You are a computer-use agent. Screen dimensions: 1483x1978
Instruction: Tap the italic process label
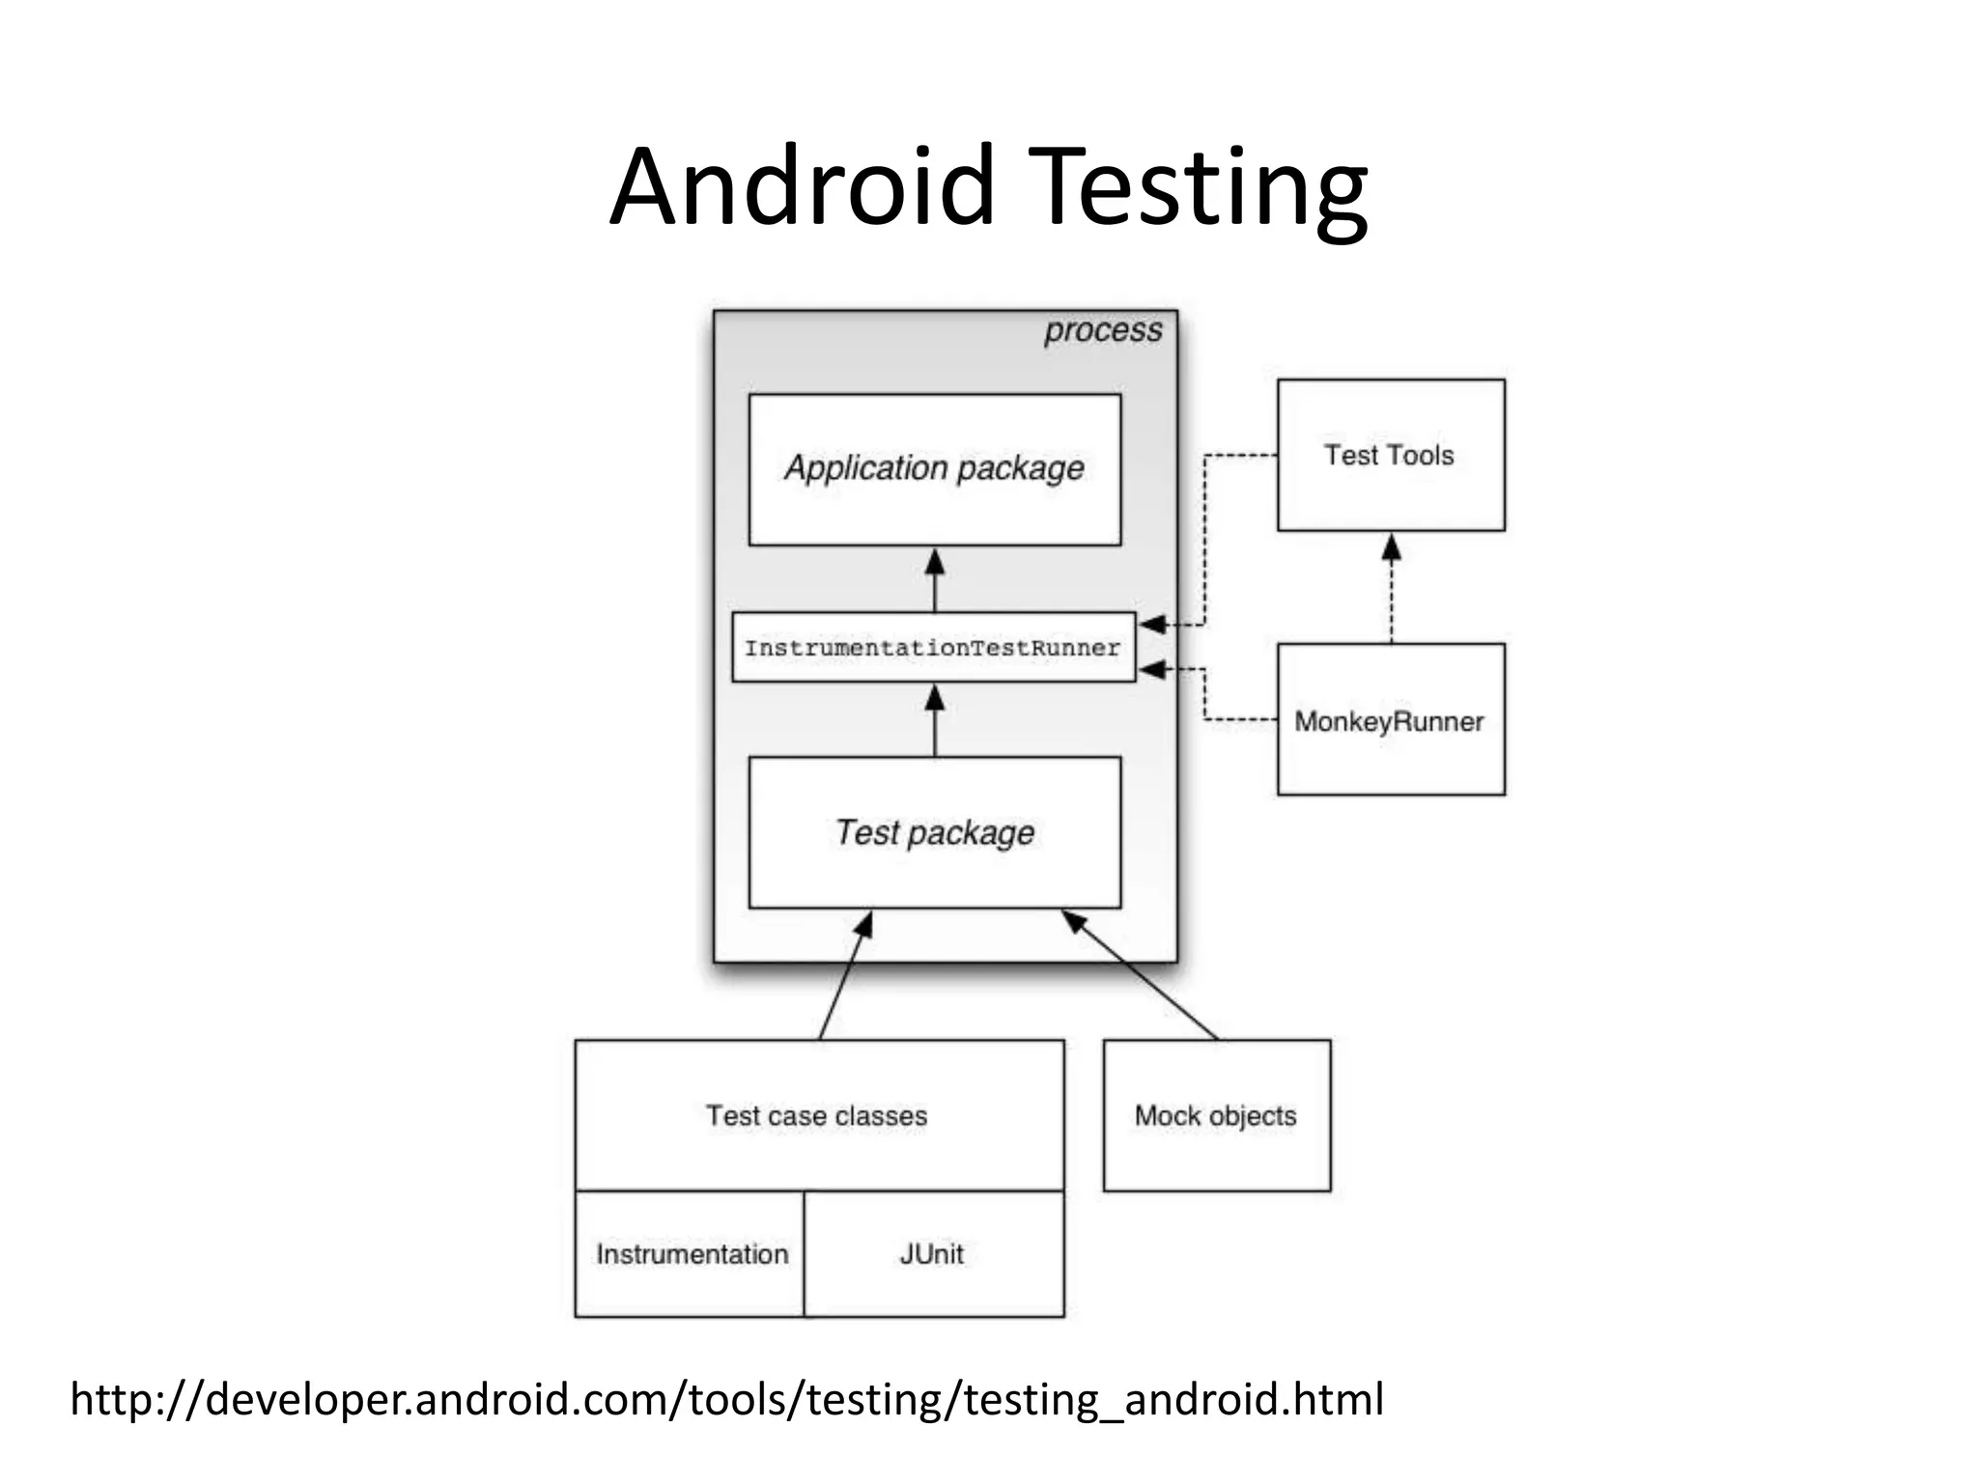(1102, 330)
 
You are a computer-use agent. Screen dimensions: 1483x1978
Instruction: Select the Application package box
(934, 469)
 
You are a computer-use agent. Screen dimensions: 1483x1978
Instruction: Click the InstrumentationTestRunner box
(933, 647)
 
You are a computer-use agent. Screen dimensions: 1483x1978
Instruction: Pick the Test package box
(934, 832)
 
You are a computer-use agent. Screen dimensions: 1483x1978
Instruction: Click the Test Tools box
(1390, 455)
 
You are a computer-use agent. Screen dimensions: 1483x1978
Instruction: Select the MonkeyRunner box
(1390, 720)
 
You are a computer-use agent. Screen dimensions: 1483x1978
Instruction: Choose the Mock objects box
(1216, 1115)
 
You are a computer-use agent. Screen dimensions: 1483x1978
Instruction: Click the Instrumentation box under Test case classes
(691, 1253)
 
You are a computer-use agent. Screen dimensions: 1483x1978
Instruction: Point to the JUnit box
(933, 1253)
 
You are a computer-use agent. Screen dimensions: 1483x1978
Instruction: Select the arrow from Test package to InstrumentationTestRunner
(934, 720)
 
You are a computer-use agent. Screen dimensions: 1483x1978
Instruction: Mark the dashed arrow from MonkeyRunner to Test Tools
(1391, 589)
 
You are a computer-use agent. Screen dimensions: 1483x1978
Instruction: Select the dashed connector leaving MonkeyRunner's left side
(1240, 719)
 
